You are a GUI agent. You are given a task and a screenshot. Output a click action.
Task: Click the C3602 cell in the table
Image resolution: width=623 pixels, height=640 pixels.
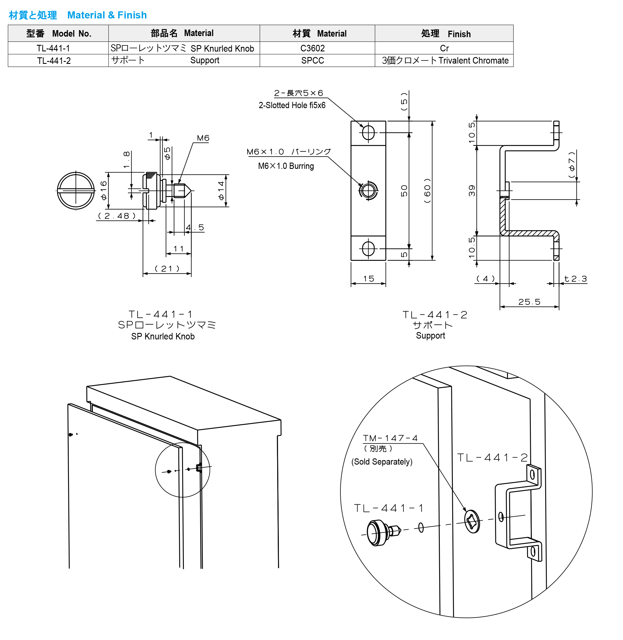(x=312, y=48)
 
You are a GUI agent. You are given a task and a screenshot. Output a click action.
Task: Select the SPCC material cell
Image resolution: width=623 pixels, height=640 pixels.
(x=312, y=60)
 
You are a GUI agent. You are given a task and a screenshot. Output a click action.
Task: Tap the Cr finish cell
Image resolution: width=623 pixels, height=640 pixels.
(x=444, y=48)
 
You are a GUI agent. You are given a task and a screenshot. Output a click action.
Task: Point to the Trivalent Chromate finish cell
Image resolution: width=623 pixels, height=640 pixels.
(x=445, y=60)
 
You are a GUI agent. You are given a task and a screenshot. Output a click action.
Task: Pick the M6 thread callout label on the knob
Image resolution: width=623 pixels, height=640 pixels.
(x=203, y=138)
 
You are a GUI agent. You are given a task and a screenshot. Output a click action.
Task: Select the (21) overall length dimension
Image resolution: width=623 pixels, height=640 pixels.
(x=167, y=268)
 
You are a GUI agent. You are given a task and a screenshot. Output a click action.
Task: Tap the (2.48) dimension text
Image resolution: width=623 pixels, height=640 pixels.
(x=117, y=216)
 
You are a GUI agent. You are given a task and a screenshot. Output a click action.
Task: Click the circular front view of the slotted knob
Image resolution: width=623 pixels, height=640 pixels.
(x=76, y=190)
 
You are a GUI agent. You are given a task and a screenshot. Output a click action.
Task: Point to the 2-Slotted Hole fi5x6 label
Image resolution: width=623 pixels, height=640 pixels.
(x=292, y=105)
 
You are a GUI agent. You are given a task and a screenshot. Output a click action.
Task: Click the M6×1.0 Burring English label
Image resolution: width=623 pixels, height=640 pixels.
(x=286, y=166)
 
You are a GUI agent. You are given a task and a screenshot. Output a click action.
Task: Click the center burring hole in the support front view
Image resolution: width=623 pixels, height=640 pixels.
(x=368, y=190)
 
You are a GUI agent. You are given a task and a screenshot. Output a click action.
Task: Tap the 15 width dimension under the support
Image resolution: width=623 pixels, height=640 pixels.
(x=369, y=279)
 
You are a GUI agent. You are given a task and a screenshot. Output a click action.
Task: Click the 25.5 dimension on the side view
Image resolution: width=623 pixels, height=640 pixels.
(x=529, y=302)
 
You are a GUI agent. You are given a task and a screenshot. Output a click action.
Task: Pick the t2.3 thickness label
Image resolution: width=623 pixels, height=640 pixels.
(x=576, y=279)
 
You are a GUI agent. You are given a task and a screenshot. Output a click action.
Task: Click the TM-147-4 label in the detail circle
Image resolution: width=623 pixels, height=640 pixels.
(x=390, y=438)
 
